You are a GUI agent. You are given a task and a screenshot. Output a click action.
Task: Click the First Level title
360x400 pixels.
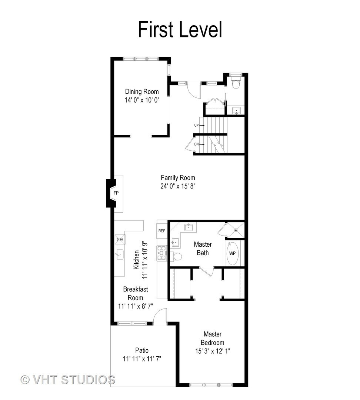180,30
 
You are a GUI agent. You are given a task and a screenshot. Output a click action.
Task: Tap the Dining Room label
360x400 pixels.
142,91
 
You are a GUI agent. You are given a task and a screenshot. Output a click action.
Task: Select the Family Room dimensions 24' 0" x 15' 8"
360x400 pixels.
178,186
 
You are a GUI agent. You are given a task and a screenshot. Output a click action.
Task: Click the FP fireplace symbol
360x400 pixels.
116,193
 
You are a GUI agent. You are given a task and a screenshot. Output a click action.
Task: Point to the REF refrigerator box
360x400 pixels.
162,231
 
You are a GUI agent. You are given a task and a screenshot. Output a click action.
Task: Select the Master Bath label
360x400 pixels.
203,249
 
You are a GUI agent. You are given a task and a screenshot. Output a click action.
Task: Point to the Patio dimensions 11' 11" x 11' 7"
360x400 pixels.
142,359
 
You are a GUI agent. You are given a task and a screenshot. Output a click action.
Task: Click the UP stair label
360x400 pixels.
197,125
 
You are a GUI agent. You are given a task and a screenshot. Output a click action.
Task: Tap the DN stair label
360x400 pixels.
197,144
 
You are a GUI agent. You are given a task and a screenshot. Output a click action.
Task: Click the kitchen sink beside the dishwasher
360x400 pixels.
119,254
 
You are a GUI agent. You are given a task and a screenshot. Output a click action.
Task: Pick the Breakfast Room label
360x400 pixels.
135,293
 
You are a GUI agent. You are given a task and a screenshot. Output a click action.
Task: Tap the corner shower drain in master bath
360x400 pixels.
236,230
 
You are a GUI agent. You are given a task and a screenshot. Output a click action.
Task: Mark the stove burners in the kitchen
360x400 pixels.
162,253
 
